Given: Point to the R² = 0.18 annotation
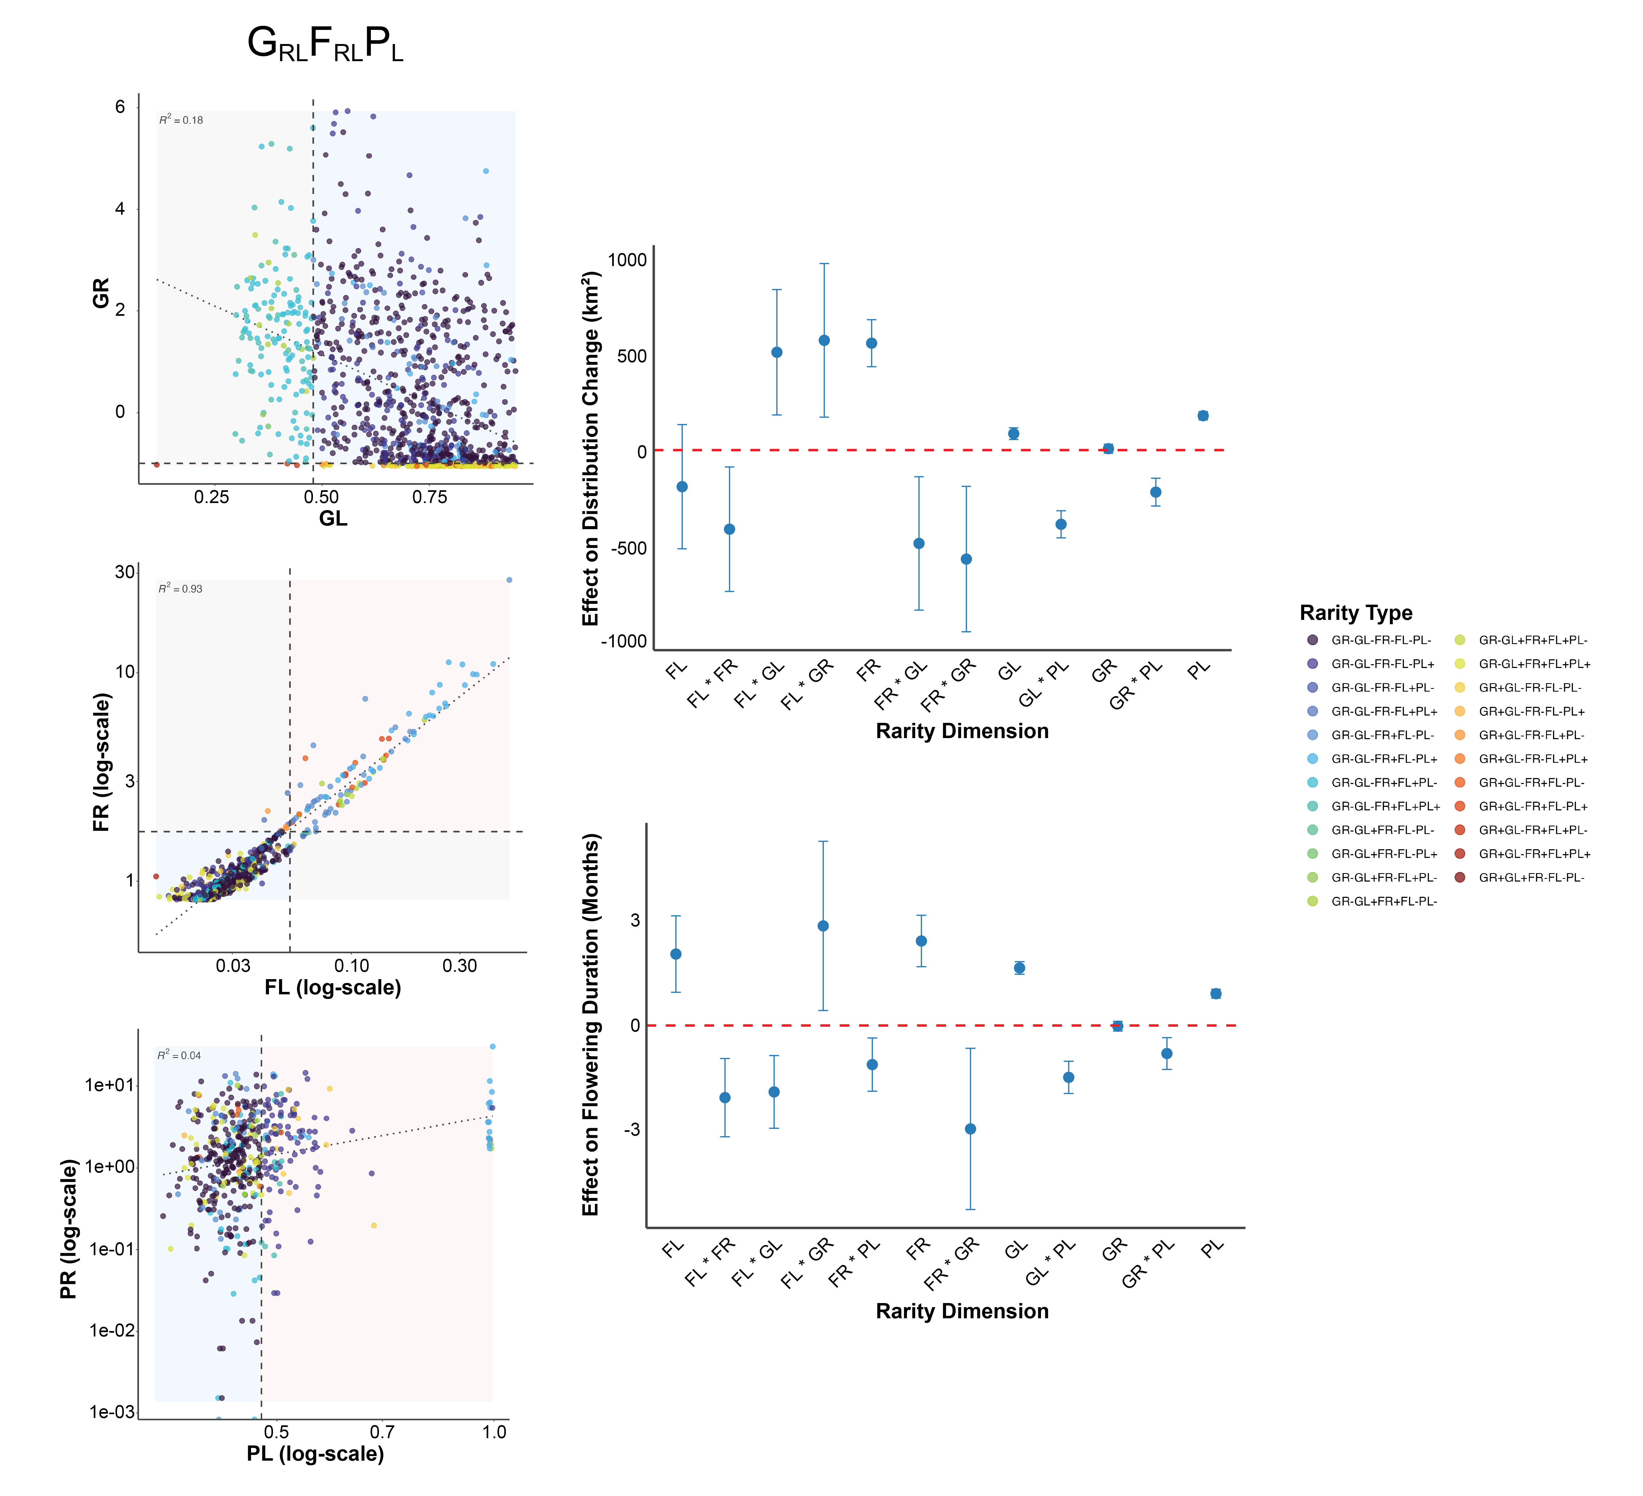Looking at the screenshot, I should [181, 120].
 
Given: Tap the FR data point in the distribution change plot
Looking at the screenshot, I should [871, 343].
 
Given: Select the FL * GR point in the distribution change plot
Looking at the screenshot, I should [824, 340].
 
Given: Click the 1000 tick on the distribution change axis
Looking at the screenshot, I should [627, 260].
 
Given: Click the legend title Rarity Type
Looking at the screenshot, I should [1355, 613].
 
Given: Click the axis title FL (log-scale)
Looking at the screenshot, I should [333, 988].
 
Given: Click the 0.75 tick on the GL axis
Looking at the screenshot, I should [430, 497].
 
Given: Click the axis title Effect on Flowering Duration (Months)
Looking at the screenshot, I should [591, 1025].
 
